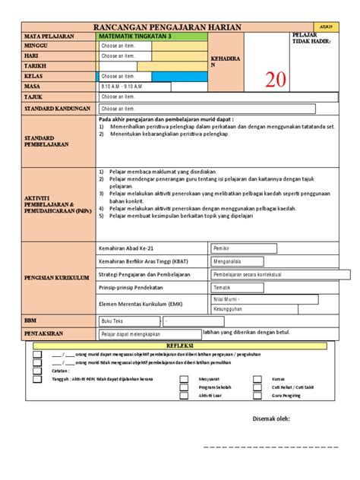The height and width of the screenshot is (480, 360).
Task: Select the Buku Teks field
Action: coord(125,321)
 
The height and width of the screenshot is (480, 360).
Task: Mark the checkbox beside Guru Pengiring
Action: coord(257,395)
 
